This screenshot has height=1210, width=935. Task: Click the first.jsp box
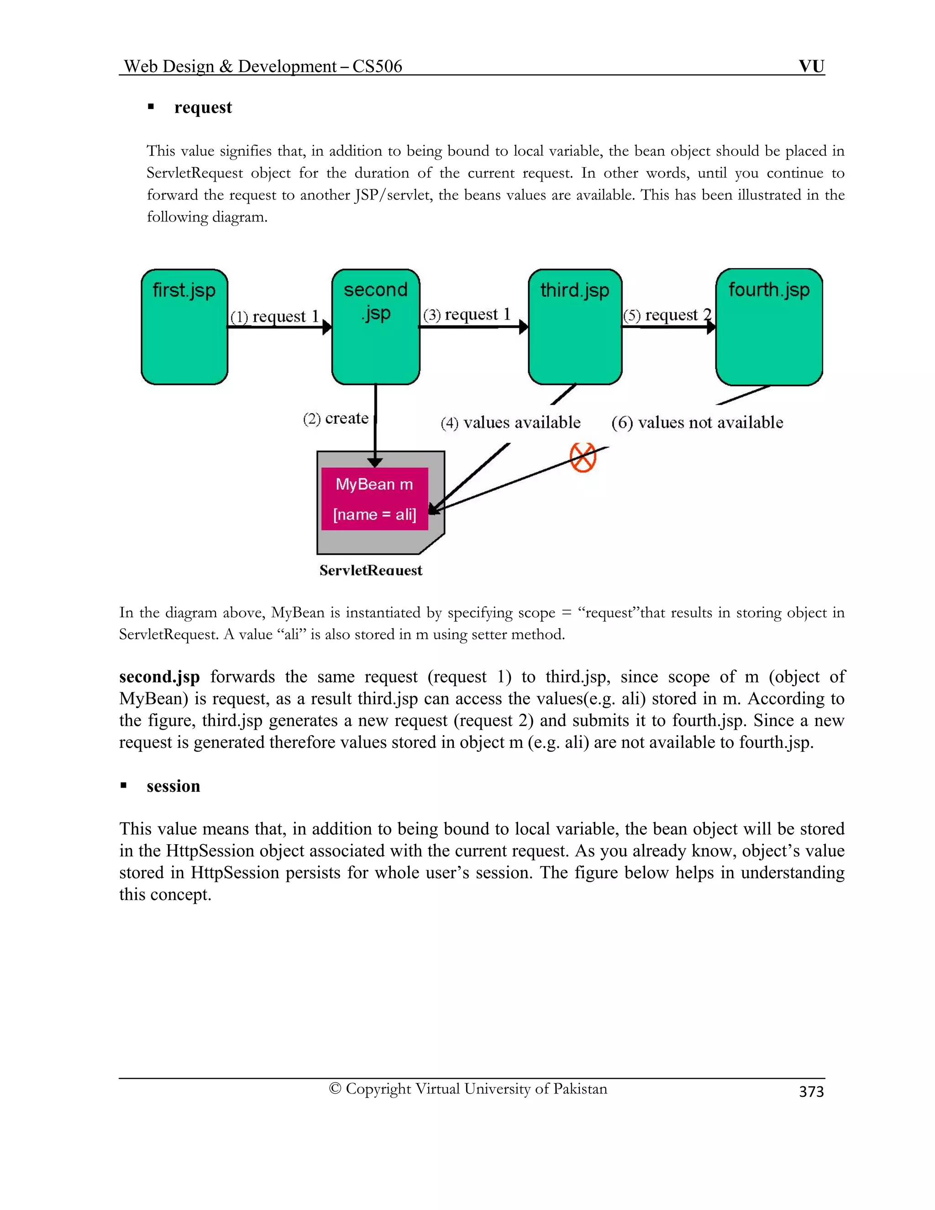pos(184,327)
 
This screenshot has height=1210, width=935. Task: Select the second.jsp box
pos(376,327)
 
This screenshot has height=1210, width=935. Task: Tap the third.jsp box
pos(575,327)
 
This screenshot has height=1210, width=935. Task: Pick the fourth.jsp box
pos(769,327)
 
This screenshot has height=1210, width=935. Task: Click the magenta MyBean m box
pos(374,499)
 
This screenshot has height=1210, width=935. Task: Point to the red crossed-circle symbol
pos(583,458)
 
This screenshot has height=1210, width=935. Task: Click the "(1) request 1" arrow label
pos(275,316)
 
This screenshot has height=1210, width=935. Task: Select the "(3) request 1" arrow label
pos(467,315)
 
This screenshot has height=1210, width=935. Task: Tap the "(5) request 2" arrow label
pos(667,315)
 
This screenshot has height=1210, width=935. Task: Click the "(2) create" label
pos(336,418)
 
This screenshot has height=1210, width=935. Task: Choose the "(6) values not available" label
pos(698,423)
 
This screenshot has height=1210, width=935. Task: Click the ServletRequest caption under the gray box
pos(371,570)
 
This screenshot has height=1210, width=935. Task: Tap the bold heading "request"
pos(203,107)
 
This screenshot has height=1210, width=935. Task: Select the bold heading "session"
pos(173,786)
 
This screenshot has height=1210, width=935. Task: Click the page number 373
pos(811,1091)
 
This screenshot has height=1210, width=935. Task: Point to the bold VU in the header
pos(811,67)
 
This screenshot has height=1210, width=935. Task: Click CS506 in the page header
pos(377,67)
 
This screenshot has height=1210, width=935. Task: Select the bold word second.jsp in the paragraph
pos(159,677)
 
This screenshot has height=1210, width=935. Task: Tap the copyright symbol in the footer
pos(335,1089)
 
